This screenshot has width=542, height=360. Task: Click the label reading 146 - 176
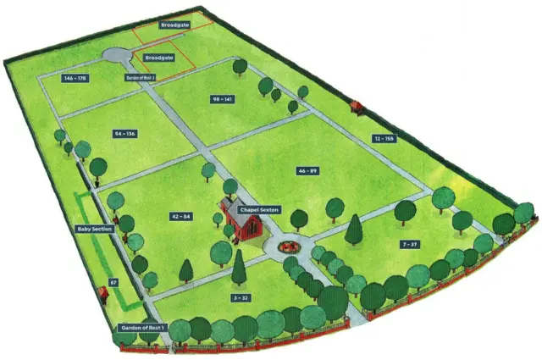point(75,77)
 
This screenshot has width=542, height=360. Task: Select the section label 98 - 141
point(223,100)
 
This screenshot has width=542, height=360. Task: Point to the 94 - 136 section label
point(124,134)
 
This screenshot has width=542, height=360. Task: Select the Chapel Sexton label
point(258,210)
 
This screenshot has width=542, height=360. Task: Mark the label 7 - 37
point(409,245)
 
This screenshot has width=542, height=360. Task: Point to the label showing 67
point(113,283)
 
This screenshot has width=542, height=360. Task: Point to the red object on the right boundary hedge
point(357,106)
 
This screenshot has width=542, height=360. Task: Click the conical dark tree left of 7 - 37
point(354,230)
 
